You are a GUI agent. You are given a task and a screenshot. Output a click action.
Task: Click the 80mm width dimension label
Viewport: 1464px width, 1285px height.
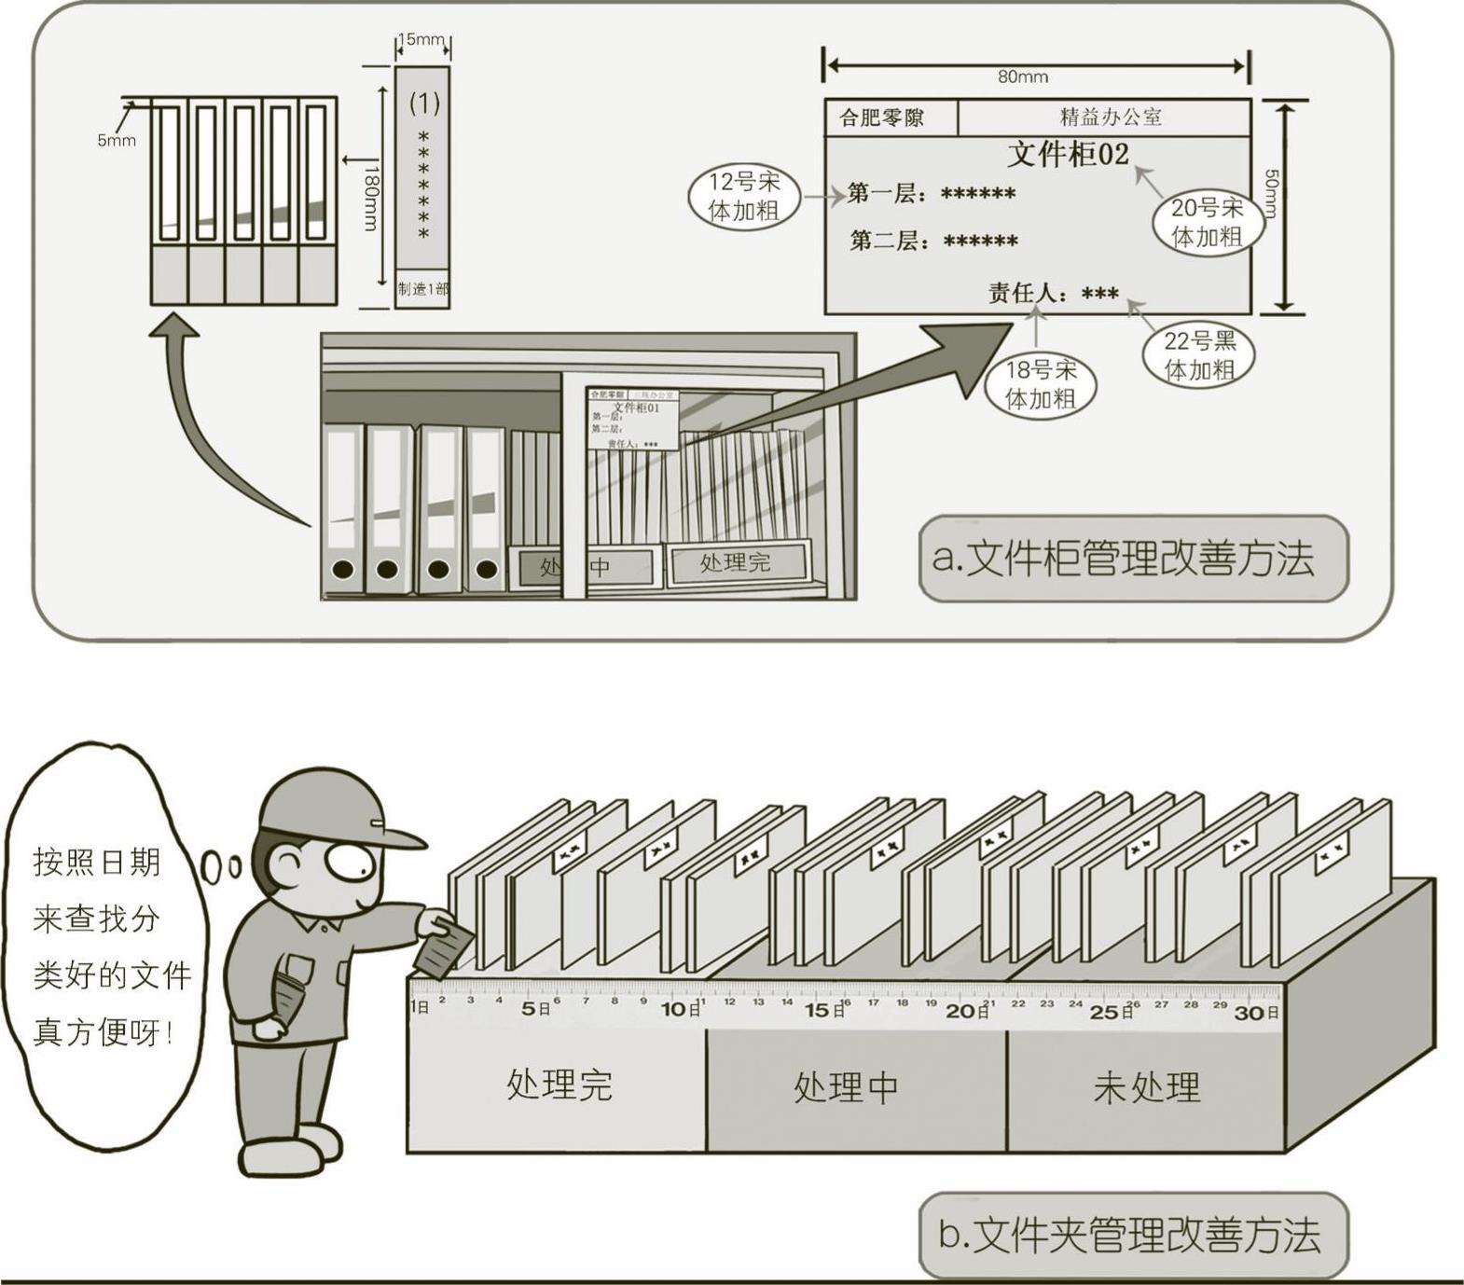tap(1023, 76)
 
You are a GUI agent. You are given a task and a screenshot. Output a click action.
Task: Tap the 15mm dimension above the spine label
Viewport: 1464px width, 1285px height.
tap(421, 39)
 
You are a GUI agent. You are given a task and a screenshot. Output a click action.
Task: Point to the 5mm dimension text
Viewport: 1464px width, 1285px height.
tap(116, 141)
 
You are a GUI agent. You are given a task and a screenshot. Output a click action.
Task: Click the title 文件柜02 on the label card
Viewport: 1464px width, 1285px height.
tap(1068, 154)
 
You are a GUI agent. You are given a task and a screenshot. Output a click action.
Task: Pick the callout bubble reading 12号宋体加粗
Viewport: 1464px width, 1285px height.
tap(743, 197)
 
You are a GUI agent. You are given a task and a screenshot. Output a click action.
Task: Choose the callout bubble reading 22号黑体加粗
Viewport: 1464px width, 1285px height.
tap(1199, 355)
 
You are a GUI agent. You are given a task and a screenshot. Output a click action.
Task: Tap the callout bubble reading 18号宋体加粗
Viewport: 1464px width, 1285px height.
tap(1040, 385)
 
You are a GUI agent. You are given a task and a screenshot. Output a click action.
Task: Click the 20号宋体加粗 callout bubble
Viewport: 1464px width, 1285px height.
tap(1207, 222)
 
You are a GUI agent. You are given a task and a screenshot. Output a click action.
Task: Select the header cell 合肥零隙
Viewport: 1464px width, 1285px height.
tap(881, 117)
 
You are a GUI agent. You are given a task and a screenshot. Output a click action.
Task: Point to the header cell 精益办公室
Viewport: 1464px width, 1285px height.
tap(1111, 117)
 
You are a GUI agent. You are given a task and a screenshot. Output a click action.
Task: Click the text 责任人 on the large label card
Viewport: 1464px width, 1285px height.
tap(1026, 294)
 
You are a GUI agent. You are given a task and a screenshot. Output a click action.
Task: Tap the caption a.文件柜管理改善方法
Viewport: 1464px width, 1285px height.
tap(1133, 559)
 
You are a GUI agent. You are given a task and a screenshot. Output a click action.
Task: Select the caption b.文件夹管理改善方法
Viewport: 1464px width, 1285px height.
tap(1133, 1235)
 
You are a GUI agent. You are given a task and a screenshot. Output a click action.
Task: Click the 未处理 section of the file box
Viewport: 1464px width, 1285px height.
tap(1146, 1087)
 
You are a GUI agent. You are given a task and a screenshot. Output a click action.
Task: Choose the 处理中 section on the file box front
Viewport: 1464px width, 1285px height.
tap(846, 1087)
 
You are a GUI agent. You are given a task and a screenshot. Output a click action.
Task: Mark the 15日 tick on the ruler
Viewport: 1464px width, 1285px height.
tap(824, 1010)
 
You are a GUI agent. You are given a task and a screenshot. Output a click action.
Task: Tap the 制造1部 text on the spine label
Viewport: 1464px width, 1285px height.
tap(422, 289)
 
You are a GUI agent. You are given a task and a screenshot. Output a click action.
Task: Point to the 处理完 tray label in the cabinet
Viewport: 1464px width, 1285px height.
tap(735, 562)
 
